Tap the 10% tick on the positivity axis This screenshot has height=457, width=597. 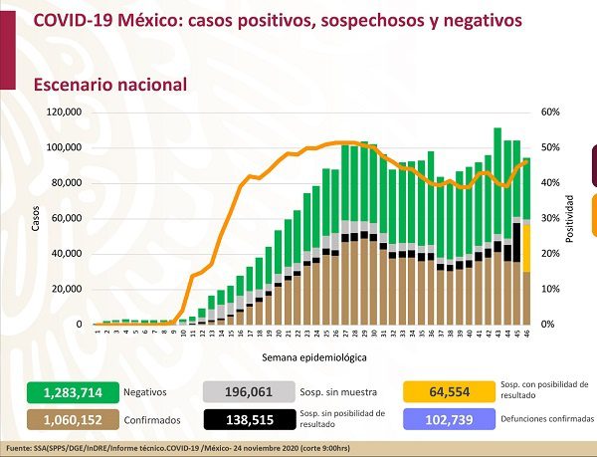548,289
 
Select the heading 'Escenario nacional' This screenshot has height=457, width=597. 110,85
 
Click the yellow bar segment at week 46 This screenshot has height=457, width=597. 527,247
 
